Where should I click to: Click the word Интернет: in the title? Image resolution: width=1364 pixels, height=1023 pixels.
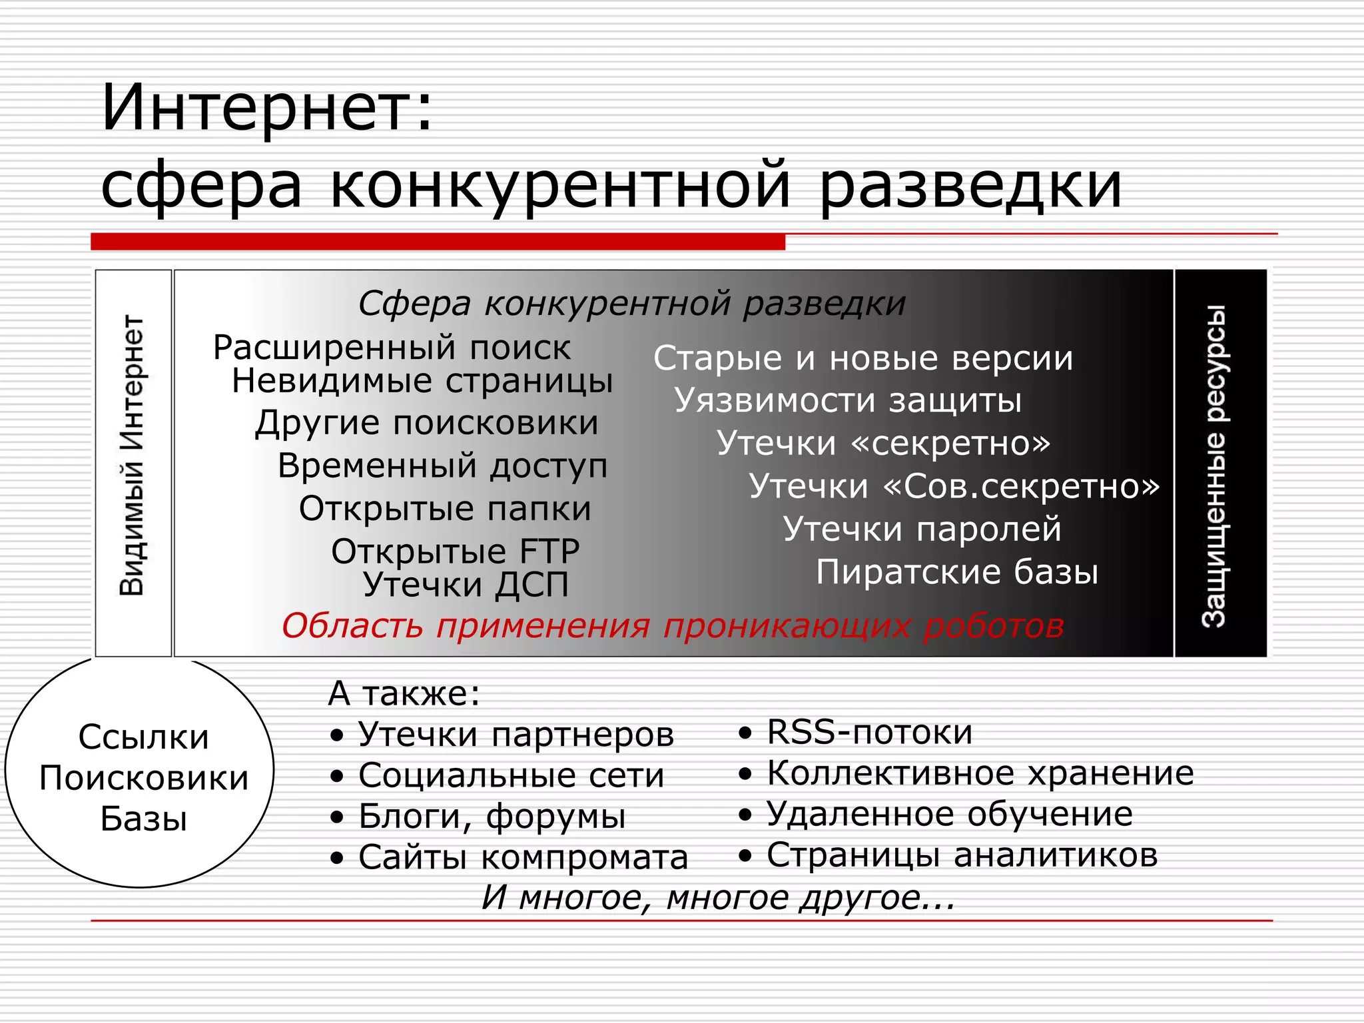point(266,108)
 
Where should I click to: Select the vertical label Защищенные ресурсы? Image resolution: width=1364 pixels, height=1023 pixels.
point(1215,466)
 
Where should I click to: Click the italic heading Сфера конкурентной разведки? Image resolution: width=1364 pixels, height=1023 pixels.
point(631,304)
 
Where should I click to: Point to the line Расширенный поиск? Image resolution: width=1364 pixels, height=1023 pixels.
point(392,348)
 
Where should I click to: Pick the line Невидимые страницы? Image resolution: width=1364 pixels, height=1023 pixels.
point(422,382)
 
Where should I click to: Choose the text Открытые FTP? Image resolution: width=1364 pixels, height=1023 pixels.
point(455,551)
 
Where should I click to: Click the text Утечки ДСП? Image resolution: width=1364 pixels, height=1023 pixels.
point(466,585)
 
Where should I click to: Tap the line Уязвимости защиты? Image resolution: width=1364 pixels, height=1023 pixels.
point(847,401)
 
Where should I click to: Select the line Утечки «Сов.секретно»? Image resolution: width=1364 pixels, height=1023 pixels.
point(954,486)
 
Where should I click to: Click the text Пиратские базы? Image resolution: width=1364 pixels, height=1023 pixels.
point(956,572)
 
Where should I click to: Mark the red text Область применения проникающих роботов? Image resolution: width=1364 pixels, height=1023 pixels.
point(673,626)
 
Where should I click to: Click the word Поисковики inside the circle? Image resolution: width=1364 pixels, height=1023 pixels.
point(143,778)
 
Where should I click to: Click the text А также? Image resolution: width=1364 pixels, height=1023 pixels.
point(404,693)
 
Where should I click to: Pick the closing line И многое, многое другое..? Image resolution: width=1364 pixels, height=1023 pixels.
point(718,898)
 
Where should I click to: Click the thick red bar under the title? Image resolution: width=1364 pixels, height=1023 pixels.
point(438,242)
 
